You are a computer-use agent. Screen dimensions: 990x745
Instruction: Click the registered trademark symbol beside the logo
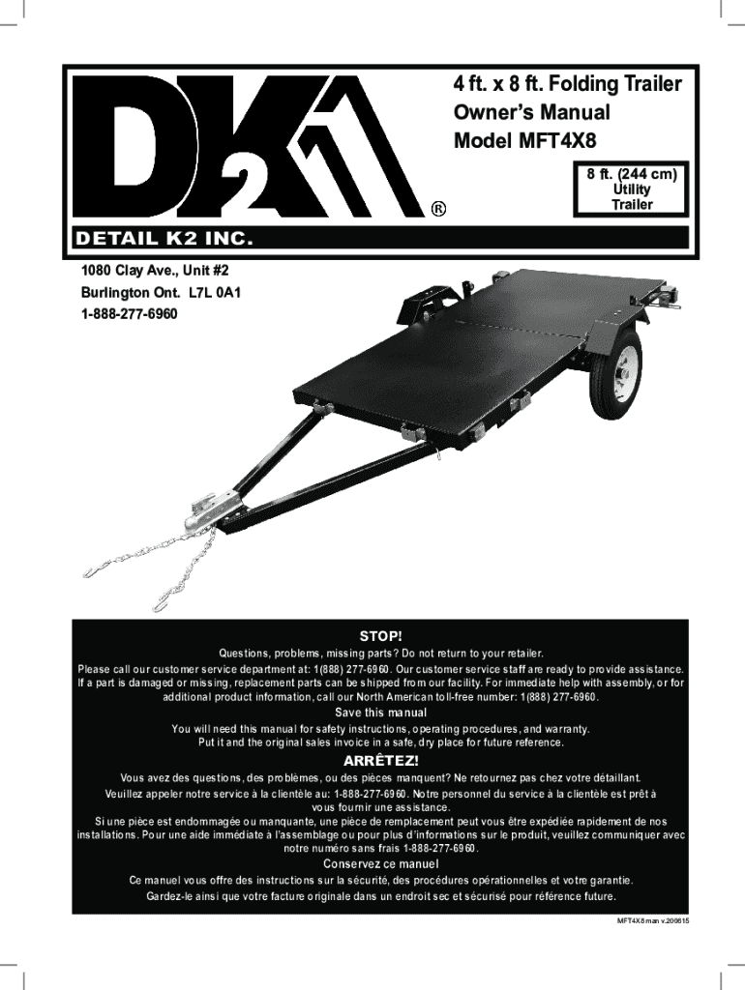pyautogui.click(x=438, y=208)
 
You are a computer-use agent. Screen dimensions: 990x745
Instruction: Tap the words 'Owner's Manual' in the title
pyautogui.click(x=531, y=111)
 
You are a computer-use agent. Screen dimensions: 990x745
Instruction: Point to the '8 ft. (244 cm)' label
pyautogui.click(x=631, y=174)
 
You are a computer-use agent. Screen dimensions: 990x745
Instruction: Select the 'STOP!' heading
pyautogui.click(x=380, y=636)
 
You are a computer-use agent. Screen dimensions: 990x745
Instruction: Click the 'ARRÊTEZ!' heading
pyautogui.click(x=380, y=760)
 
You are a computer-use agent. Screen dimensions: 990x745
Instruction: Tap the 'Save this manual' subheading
pyautogui.click(x=380, y=713)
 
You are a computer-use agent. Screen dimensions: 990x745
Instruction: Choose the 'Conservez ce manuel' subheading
pyautogui.click(x=380, y=863)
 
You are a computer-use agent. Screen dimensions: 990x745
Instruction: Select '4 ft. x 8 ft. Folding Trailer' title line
pyautogui.click(x=568, y=84)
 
